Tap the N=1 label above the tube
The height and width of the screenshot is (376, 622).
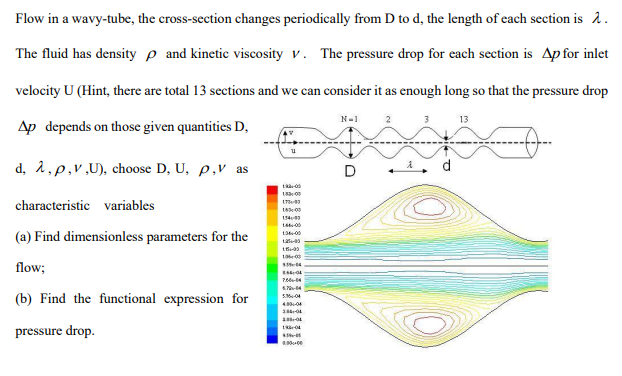point(350,120)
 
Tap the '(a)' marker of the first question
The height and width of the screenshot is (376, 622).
point(25,237)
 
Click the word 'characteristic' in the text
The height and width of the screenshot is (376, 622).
point(53,205)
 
